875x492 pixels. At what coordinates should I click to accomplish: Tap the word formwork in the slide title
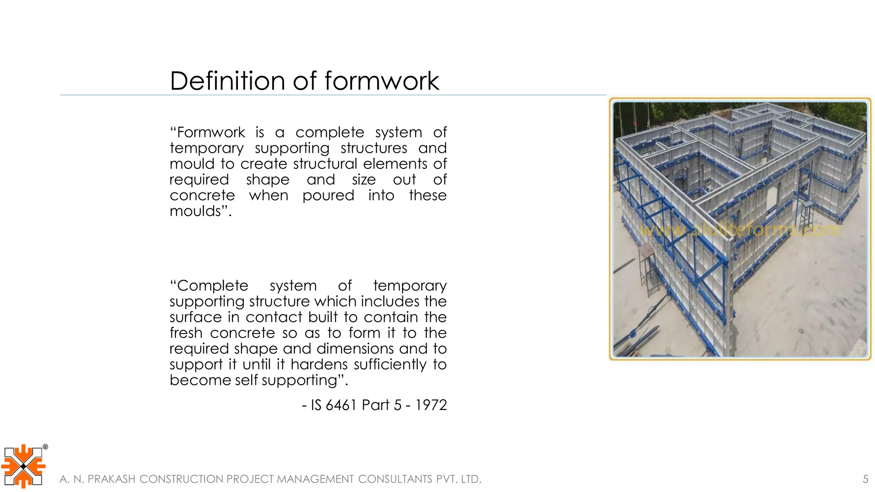click(x=382, y=81)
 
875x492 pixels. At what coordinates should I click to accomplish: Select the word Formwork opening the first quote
click(x=211, y=132)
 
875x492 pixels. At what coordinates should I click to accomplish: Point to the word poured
click(x=328, y=196)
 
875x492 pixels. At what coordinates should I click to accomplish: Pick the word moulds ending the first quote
click(x=196, y=211)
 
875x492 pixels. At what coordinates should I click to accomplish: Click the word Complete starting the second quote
click(x=212, y=286)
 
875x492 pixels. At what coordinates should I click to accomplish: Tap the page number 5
click(x=865, y=479)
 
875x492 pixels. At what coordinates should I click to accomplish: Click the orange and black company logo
click(x=23, y=466)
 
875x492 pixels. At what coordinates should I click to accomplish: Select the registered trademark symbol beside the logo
click(x=45, y=447)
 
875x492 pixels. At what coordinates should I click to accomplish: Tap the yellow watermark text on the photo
click(x=740, y=230)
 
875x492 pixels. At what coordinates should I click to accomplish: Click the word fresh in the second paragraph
click(x=186, y=333)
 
